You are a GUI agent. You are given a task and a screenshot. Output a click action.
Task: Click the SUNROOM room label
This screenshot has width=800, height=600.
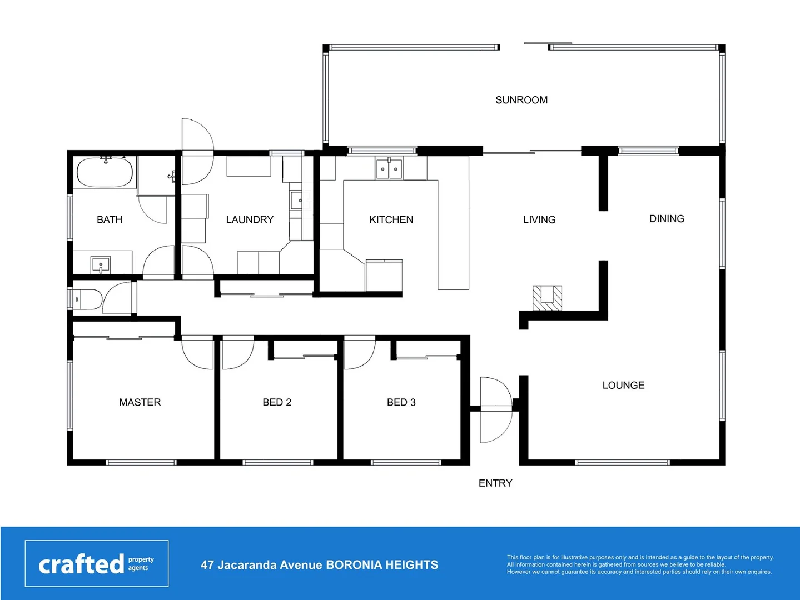tap(521, 100)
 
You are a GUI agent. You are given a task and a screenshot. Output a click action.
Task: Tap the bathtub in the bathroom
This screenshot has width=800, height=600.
tap(105, 172)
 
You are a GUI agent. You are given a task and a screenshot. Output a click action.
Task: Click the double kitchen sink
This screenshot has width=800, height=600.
tap(389, 169)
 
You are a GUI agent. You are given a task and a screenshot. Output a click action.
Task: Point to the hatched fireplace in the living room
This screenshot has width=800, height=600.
tap(547, 298)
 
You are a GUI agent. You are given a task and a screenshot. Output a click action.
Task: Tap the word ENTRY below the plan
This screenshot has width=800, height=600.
tap(495, 483)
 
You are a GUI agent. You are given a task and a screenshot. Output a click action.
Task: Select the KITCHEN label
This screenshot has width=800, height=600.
tap(391, 219)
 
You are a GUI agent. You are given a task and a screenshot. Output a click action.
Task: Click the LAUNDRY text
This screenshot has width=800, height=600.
tap(250, 219)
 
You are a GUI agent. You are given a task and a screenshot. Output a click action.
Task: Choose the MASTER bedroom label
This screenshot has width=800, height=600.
tap(140, 402)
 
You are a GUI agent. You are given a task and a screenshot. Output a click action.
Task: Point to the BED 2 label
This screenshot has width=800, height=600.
tap(277, 402)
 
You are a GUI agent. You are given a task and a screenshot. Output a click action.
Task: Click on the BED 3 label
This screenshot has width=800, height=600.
tap(401, 402)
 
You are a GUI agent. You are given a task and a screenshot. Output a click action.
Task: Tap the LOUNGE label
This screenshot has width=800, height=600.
tap(623, 385)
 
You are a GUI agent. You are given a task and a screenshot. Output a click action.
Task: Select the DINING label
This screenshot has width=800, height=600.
tap(667, 219)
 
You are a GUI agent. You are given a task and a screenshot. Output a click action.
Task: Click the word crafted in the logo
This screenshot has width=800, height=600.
tap(81, 564)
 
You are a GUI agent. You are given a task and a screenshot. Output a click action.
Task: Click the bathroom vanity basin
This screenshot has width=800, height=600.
tap(101, 264)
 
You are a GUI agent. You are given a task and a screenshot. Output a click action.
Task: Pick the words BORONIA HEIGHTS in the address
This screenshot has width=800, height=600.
tap(382, 565)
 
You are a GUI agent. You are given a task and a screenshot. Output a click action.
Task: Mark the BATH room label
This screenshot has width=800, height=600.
tap(110, 219)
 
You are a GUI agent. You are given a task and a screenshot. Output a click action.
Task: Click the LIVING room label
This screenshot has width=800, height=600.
tap(539, 219)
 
